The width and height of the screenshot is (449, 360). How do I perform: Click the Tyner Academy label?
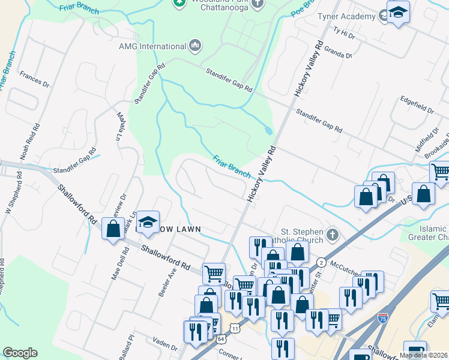(x=346, y=16)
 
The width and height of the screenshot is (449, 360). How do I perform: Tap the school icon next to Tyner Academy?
(x=397, y=12)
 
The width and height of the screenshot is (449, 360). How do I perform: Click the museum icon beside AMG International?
(x=194, y=46)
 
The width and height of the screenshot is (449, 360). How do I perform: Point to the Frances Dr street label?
(x=34, y=79)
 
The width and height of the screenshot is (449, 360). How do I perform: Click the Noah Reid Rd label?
(x=30, y=142)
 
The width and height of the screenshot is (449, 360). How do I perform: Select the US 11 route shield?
(x=235, y=329)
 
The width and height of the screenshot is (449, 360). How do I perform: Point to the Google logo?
(x=20, y=353)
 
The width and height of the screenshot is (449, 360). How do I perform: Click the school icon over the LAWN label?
(x=147, y=220)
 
